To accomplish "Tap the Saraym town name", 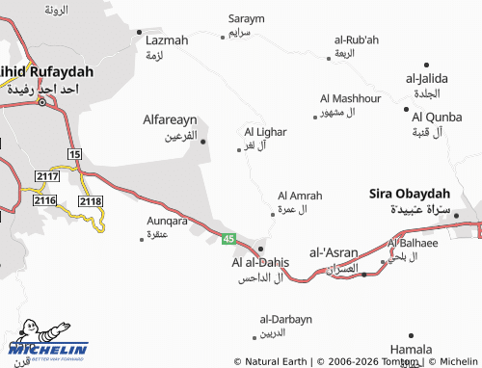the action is (246, 18).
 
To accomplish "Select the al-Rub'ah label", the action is (357, 39).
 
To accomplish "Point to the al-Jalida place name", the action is (424, 78).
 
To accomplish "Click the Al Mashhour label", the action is (350, 98).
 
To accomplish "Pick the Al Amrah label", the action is (300, 196).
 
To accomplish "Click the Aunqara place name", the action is (166, 221).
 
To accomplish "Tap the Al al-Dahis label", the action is (260, 262).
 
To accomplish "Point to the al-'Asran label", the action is (334, 252).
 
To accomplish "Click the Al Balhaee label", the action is (414, 243).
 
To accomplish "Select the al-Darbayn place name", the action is (286, 319).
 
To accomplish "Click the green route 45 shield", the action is (228, 238).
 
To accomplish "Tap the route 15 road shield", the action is (74, 154).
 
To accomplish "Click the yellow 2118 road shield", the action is (90, 200).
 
